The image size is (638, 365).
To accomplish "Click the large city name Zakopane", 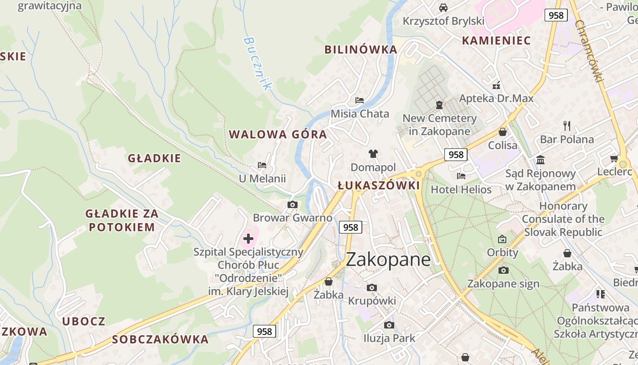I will (x=388, y=259).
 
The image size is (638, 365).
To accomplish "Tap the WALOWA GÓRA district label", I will (x=278, y=135).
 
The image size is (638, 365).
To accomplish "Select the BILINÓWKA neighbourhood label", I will (x=360, y=50).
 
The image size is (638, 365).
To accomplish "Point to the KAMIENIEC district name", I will (x=496, y=41).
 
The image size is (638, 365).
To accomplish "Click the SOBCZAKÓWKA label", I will (x=160, y=339).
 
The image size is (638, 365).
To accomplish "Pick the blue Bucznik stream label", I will (x=257, y=63).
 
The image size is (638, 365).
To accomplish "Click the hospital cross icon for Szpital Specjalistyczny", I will (x=248, y=238).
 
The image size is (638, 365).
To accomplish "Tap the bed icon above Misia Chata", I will (x=360, y=100).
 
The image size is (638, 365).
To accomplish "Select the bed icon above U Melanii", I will (x=262, y=165).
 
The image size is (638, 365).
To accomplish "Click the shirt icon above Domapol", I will (x=373, y=154).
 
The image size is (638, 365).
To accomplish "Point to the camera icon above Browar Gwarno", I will (x=293, y=204).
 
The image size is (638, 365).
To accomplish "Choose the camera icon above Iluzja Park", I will (x=389, y=325).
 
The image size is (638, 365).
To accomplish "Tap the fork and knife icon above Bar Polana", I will (x=567, y=125).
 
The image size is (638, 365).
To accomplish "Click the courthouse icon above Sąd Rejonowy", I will (x=540, y=160).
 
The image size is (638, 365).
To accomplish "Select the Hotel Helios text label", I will (x=461, y=189).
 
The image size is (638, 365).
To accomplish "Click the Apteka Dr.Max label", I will (x=496, y=99).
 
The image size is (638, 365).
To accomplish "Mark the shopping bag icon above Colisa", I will (x=503, y=132).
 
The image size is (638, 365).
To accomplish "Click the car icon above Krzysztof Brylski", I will (x=443, y=7).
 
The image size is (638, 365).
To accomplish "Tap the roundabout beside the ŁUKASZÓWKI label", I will (x=418, y=173).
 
